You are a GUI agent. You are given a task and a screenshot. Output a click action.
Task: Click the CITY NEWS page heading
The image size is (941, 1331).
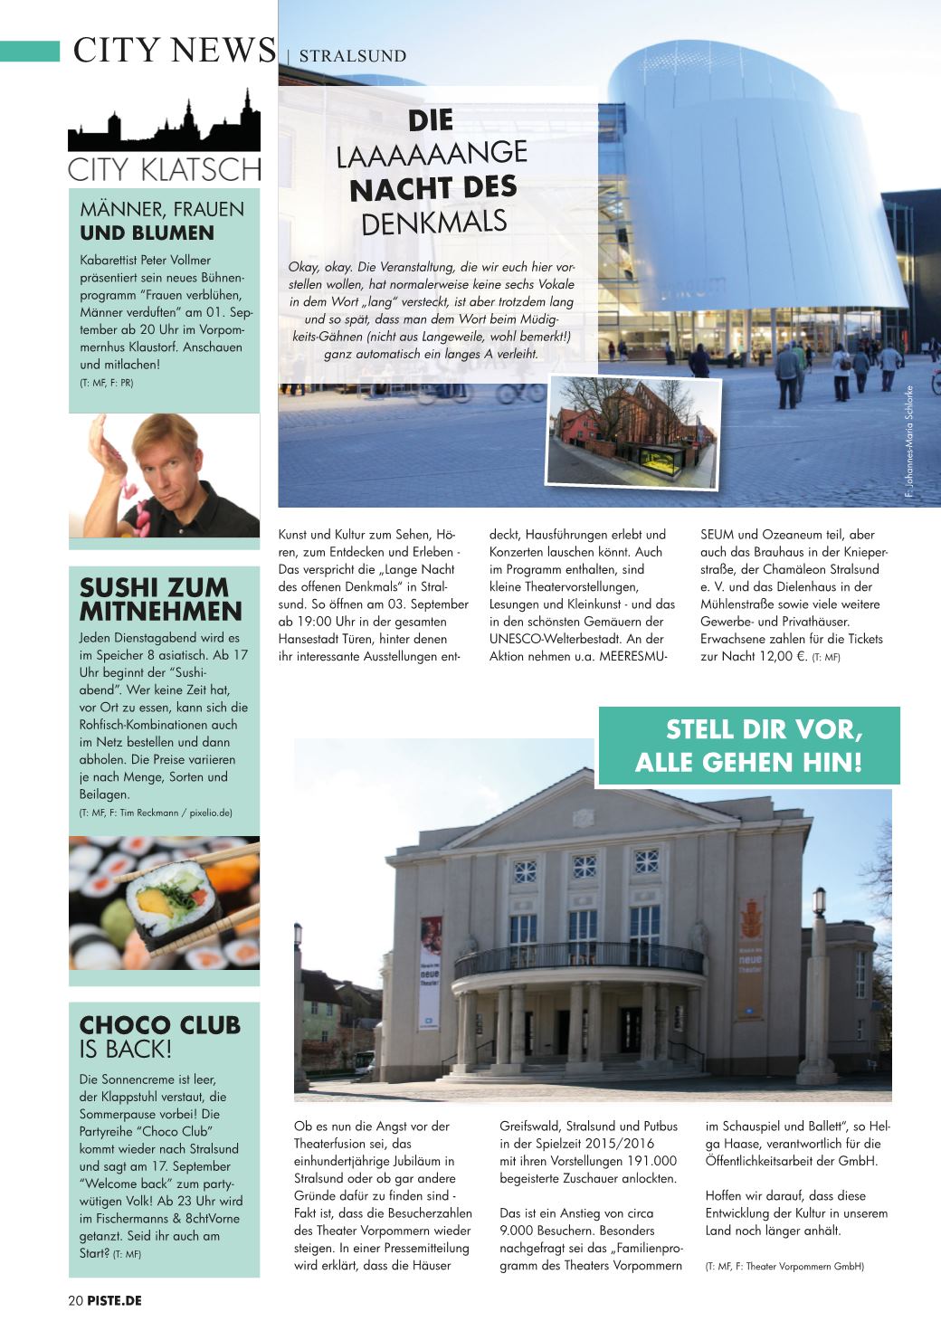pos(174,51)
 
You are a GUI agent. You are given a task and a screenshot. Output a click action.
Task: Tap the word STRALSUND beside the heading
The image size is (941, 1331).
pos(352,56)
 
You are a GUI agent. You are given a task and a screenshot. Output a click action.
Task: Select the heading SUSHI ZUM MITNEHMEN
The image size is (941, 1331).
pos(161,599)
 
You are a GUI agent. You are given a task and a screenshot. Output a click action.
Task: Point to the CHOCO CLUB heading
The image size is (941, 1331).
pos(160,1025)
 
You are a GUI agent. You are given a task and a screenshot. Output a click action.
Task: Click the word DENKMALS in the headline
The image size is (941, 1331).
pos(433,222)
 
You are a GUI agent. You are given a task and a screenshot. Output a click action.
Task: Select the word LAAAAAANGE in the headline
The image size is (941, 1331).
pos(432,153)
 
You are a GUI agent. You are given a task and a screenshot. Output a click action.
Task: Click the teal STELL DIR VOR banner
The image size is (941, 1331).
pos(748,746)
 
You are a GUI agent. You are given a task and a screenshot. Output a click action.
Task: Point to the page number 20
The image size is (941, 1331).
pos(76,1300)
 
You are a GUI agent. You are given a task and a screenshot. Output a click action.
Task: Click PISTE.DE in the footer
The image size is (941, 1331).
pos(115,1300)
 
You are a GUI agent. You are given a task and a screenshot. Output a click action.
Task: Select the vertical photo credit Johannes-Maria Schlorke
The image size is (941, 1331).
pos(909,442)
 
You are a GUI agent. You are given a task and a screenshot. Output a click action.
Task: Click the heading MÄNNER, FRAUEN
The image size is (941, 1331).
pos(162,209)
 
